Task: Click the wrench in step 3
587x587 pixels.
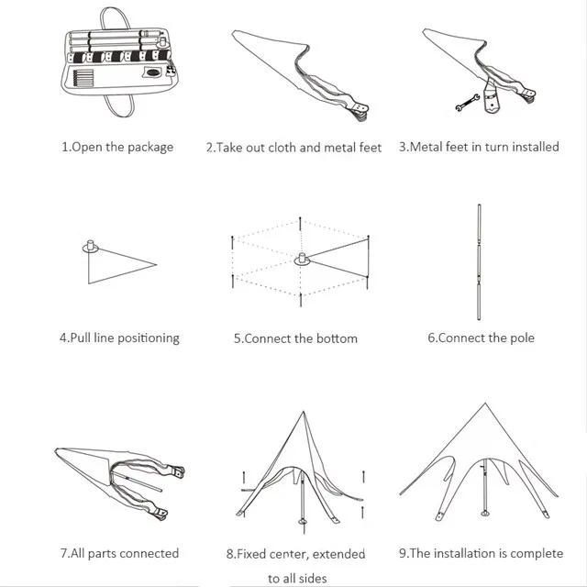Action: coord(467,102)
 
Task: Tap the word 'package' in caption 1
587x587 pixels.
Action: coord(150,147)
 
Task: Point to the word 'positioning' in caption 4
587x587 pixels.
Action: coord(149,338)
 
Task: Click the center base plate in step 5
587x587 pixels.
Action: coord(302,260)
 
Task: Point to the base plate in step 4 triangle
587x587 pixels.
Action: coord(90,247)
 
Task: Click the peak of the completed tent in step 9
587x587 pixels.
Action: coord(485,404)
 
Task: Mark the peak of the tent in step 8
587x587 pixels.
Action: coord(304,412)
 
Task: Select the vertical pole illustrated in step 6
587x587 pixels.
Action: coord(479,262)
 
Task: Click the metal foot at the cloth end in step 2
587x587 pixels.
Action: coord(360,111)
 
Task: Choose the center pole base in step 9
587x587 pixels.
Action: coord(485,513)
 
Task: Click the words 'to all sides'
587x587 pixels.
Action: coord(297,579)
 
